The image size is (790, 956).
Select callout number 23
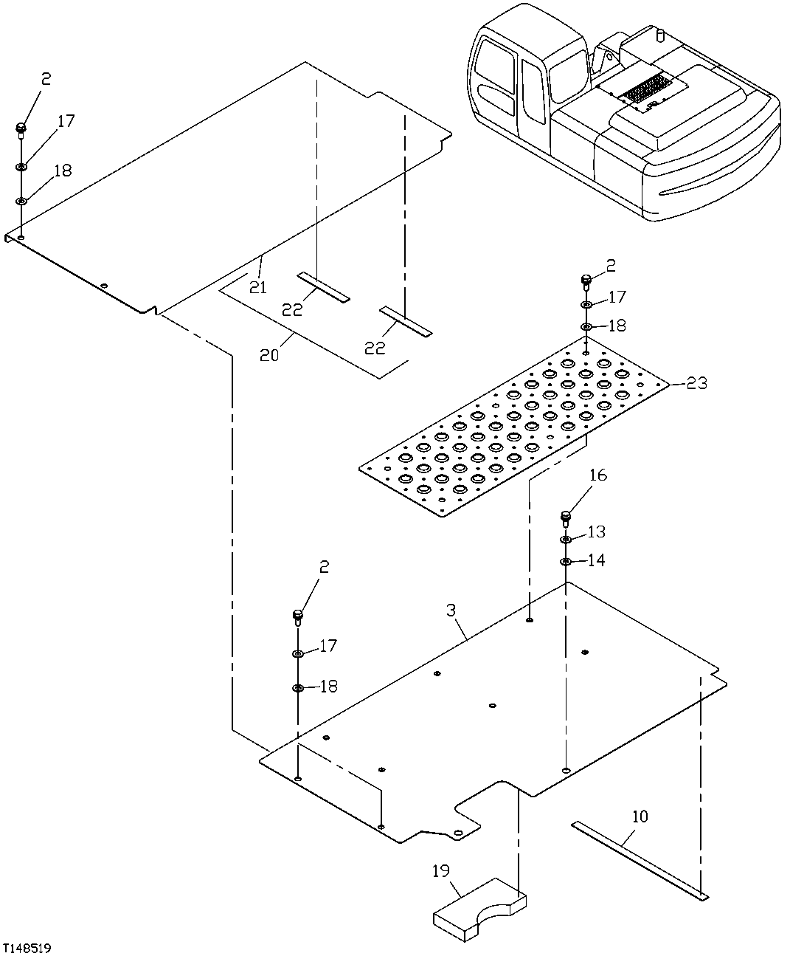[x=696, y=383]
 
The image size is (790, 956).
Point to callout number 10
[x=640, y=816]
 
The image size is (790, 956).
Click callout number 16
[x=597, y=475]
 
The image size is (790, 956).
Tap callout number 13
[x=596, y=532]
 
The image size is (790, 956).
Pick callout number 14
[x=596, y=560]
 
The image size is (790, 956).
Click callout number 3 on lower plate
[x=451, y=611]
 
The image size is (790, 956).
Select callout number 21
[x=257, y=286]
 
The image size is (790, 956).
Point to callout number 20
[x=269, y=354]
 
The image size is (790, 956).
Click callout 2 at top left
[x=46, y=79]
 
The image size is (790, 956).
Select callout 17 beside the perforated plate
[x=617, y=297]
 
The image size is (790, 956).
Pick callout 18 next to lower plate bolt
[x=328, y=686]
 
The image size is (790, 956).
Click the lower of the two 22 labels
[x=375, y=347]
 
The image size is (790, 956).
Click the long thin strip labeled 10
[x=639, y=859]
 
